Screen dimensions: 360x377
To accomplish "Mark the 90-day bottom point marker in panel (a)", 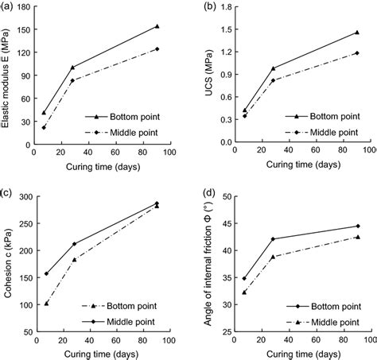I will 157,26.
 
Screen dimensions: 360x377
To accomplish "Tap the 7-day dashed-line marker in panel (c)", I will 47,303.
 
